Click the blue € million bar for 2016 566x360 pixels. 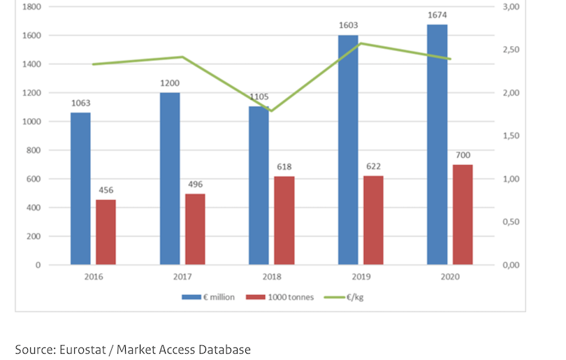80,189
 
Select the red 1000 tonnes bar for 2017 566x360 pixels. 195,229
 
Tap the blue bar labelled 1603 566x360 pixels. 348,150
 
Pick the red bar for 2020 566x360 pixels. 463,215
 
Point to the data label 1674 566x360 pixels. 438,15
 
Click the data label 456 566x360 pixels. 106,190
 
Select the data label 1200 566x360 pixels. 169,82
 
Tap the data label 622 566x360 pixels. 373,166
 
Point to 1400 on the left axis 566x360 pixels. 32,64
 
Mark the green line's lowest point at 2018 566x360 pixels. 272,111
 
